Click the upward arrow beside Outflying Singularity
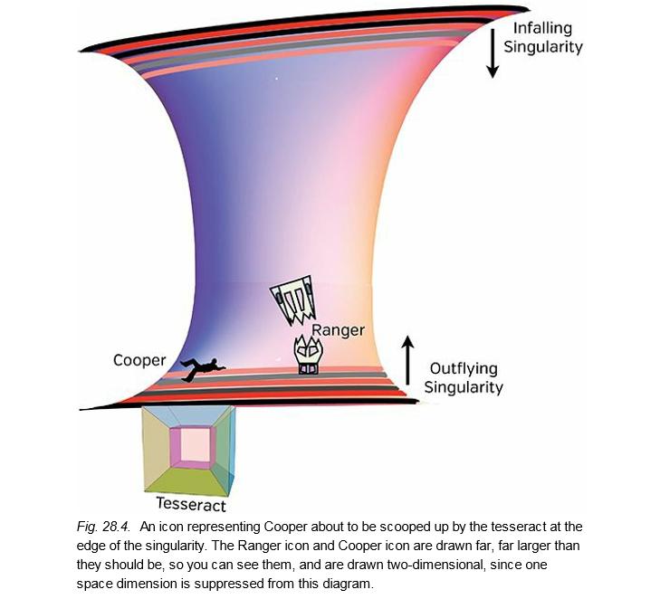coord(408,357)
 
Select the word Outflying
coord(462,369)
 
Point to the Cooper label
coord(139,360)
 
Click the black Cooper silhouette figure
coord(203,367)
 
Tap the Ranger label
coord(338,330)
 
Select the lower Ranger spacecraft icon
coord(309,355)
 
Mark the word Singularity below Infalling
coord(543,46)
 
